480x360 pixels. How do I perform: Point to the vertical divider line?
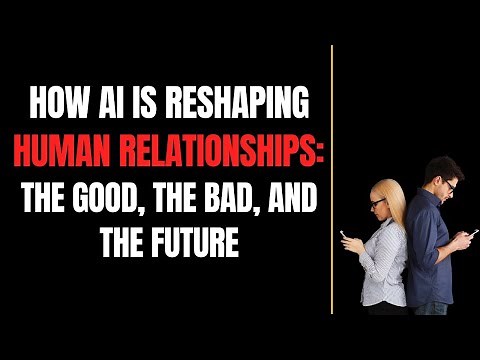click(x=331, y=180)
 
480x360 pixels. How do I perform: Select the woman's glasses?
click(x=377, y=203)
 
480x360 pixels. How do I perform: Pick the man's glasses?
click(x=451, y=185)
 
